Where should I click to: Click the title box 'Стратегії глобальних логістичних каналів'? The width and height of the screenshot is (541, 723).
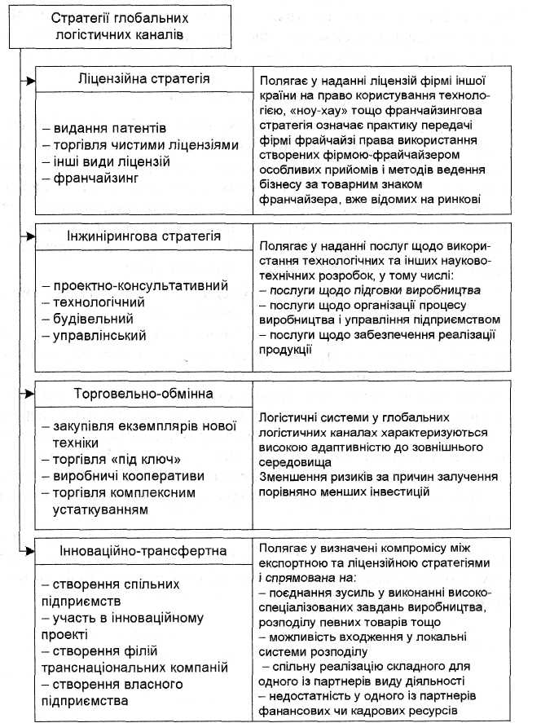(113, 26)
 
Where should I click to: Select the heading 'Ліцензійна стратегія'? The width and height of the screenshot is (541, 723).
(144, 79)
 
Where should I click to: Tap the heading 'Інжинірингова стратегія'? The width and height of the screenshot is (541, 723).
(144, 236)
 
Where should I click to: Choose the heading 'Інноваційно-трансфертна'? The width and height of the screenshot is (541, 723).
(143, 551)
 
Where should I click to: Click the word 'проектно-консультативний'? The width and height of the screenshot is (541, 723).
(131, 286)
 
